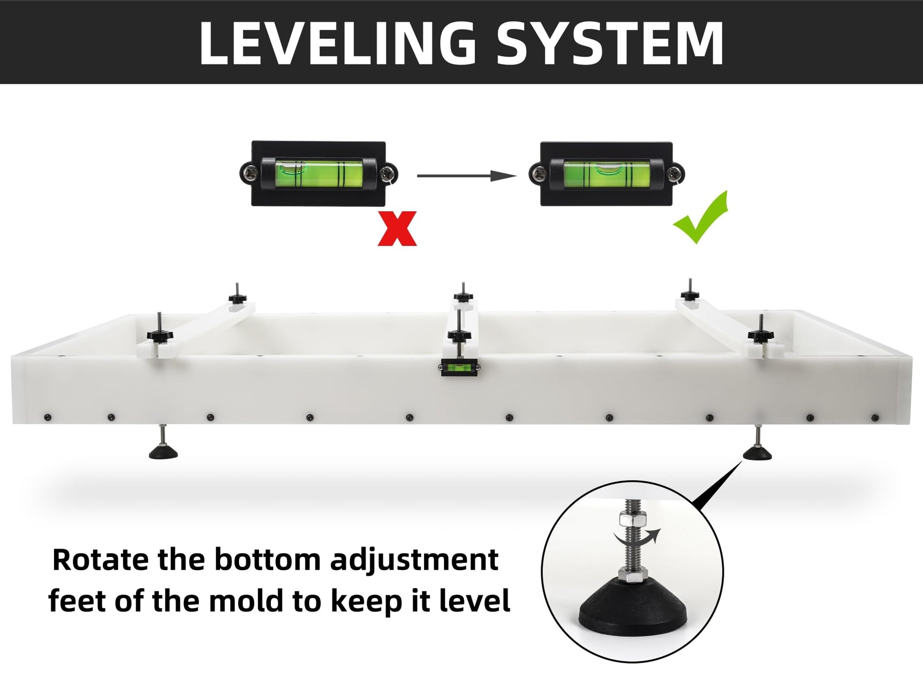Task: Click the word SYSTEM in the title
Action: [x=610, y=43]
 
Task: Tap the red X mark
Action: [x=397, y=228]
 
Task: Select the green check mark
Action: [x=701, y=217]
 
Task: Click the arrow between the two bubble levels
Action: [x=467, y=176]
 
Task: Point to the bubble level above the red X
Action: [x=319, y=173]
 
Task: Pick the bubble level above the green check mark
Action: [x=607, y=173]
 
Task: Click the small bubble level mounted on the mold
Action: [x=460, y=367]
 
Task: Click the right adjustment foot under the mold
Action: [x=757, y=444]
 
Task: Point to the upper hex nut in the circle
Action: [x=632, y=519]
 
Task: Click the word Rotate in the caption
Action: [x=101, y=560]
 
